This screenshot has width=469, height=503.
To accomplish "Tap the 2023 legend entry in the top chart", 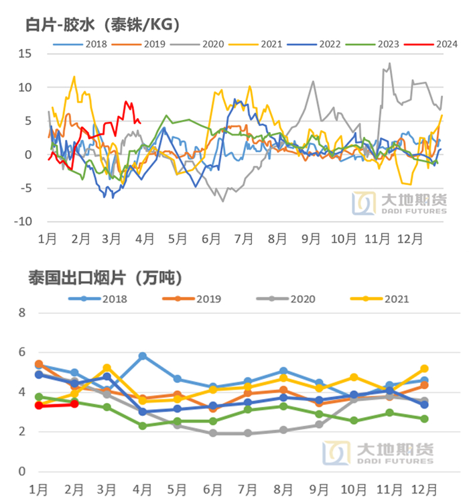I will (x=373, y=44).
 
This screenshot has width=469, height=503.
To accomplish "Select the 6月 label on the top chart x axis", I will (x=210, y=238).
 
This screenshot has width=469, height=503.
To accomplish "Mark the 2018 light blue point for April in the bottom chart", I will (x=142, y=356).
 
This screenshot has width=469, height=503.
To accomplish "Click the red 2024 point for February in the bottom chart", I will (x=74, y=404).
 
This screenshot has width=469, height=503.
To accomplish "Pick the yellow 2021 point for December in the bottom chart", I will (x=424, y=369).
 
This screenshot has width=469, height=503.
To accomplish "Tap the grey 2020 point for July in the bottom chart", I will (x=248, y=433).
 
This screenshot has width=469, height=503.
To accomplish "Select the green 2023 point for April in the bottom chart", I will (x=142, y=426).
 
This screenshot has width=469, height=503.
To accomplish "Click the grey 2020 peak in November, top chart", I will (x=390, y=64).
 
